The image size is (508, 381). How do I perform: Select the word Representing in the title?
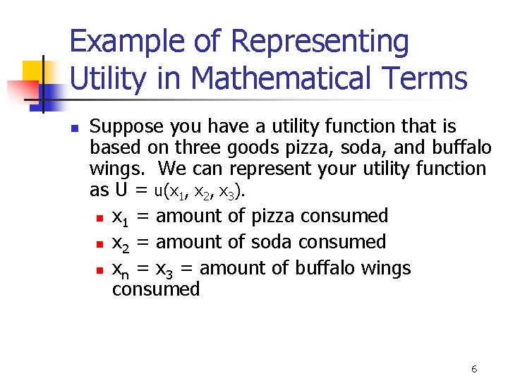pos(320,42)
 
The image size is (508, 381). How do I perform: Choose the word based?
pos(115,148)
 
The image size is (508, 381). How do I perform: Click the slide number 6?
pos(473,369)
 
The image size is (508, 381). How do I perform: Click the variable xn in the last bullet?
pos(121,270)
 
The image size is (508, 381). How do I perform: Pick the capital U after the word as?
pos(121,190)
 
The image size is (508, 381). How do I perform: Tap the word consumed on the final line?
pos(156,289)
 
